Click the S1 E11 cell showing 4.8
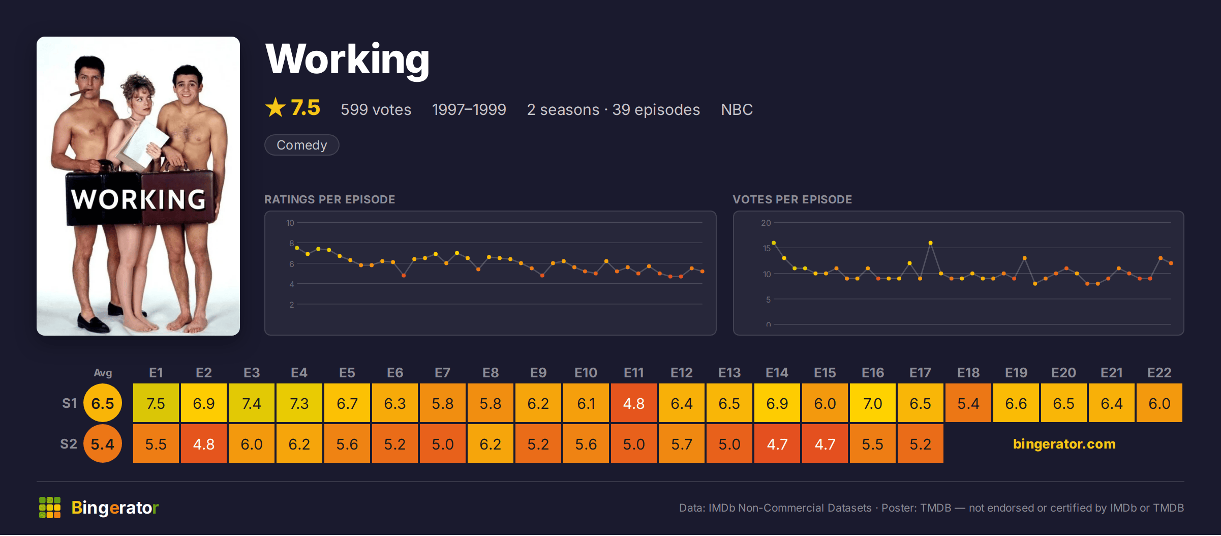pos(634,403)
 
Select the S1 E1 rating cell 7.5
pos(156,403)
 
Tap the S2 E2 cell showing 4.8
pos(204,443)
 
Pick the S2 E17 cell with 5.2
pos(921,443)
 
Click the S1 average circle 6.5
pos(103,403)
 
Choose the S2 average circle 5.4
pos(103,443)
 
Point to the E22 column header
pos(1159,373)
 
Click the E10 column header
pos(586,373)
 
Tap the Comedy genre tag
pos(302,145)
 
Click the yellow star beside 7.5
pos(276,107)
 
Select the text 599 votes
pos(376,109)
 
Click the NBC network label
pos(737,109)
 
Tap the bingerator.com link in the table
pos(1064,444)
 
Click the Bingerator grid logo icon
pos(50,508)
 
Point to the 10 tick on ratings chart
pos(290,223)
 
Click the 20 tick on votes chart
pos(766,223)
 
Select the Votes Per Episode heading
pos(792,199)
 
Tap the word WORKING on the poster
pos(138,199)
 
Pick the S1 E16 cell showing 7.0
pos(873,403)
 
